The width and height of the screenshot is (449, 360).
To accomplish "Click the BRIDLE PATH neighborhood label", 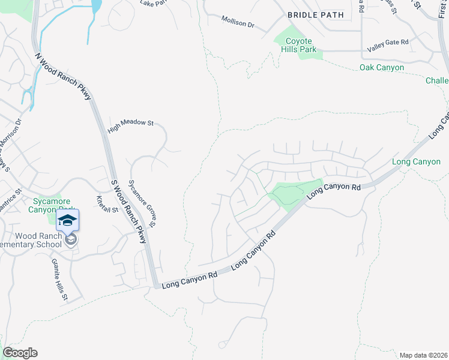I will (x=316, y=14).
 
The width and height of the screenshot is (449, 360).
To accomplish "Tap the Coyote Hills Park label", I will (x=299, y=45).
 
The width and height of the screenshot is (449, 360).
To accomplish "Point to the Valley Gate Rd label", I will (x=388, y=41).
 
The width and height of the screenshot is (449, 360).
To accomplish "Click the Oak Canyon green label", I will (x=382, y=68).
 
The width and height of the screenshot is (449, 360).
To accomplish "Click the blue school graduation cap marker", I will (x=68, y=220).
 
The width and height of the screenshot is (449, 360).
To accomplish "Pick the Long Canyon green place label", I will (x=416, y=161).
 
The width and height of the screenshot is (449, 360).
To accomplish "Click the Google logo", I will (x=20, y=353).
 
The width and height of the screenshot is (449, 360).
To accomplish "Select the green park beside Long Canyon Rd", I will (x=291, y=193).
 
